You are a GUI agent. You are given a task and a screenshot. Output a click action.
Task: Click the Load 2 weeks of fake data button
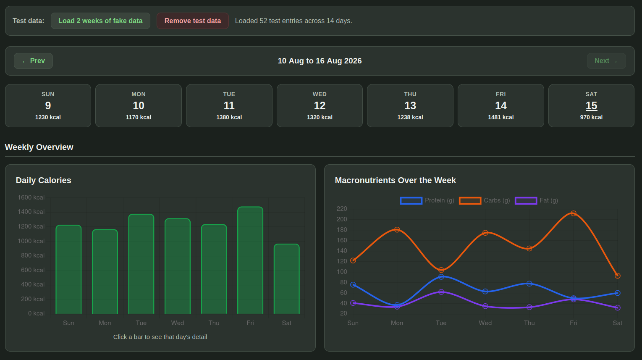pos(100,21)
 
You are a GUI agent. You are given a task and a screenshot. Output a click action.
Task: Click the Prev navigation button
pos(33,61)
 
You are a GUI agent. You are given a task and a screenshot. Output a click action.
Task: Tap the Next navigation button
pos(606,61)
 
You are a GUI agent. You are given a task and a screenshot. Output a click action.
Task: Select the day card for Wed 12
pos(320,105)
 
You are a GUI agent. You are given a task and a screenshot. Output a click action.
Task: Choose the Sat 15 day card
pos(591,105)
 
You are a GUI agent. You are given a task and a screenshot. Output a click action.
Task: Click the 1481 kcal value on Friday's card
pos(500,117)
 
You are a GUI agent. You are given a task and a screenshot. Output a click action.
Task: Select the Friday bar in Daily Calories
pos(250,260)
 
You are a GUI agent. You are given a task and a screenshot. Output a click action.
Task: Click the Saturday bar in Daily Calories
pos(287,279)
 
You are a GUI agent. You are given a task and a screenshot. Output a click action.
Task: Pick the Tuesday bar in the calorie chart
pos(142,264)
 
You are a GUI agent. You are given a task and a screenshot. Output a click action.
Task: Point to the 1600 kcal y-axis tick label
pos(31,197)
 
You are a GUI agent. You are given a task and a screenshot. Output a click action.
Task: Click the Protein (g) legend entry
pos(427,200)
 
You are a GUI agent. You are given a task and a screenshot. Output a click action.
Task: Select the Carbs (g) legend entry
pos(485,200)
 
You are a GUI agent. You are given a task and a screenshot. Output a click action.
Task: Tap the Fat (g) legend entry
pos(536,200)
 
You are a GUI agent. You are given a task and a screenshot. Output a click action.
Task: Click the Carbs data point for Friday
pos(573,213)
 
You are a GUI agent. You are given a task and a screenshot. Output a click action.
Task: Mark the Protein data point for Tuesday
pos(441,277)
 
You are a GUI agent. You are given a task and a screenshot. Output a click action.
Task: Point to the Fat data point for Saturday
pos(617,307)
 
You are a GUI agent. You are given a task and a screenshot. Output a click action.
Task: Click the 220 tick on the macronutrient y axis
pos(342,209)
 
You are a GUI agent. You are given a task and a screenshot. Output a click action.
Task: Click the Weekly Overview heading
pos(39,147)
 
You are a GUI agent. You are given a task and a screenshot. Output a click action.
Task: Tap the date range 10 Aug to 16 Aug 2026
pos(320,61)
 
